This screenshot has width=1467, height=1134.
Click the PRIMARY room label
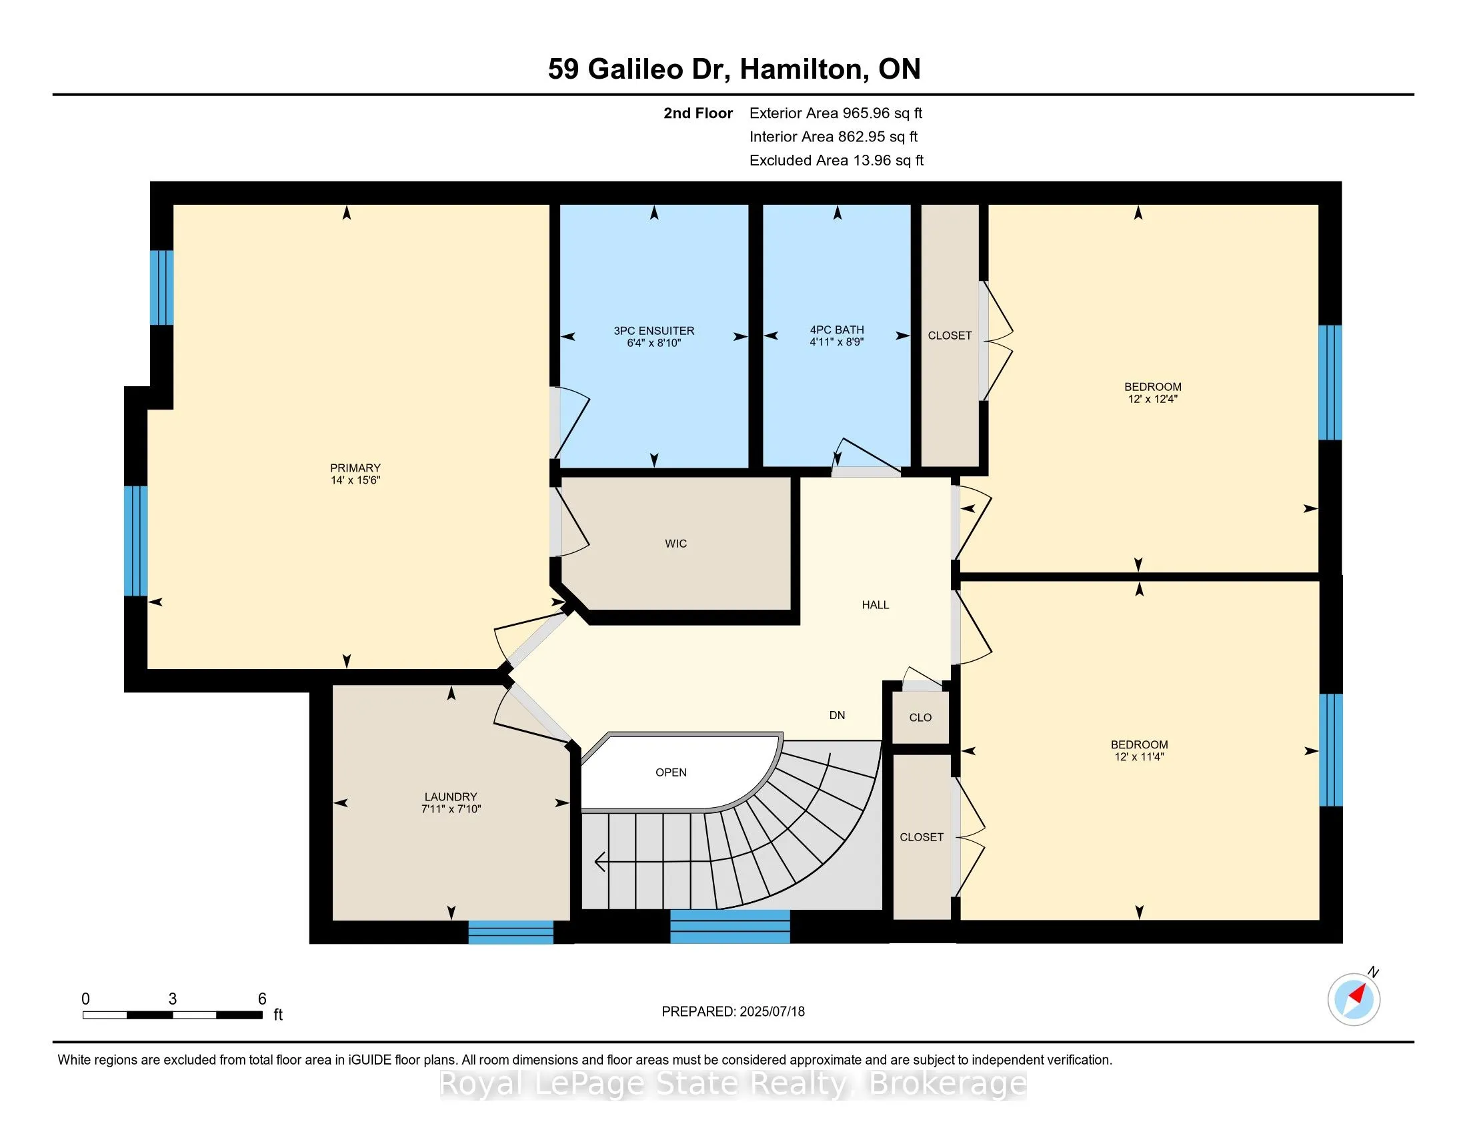click(355, 468)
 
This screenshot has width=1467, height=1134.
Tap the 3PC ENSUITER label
click(653, 330)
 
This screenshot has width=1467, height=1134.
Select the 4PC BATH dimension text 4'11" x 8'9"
click(836, 342)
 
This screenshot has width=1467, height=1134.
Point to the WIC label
click(675, 544)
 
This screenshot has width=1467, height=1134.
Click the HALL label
click(876, 604)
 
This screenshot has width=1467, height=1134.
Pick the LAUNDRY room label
click(450, 796)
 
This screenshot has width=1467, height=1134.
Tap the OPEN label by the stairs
click(671, 772)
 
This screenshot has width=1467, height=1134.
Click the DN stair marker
click(837, 716)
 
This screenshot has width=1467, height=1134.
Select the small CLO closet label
click(920, 718)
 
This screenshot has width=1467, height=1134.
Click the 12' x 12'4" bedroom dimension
click(1153, 398)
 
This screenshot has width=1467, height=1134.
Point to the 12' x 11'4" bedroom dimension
click(1139, 756)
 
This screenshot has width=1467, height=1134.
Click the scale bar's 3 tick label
click(173, 999)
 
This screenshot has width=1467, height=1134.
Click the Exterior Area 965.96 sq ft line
click(836, 113)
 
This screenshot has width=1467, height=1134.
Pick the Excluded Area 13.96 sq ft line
click(837, 160)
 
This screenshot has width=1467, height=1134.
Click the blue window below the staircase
click(730, 927)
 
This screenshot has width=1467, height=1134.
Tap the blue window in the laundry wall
click(511, 932)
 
